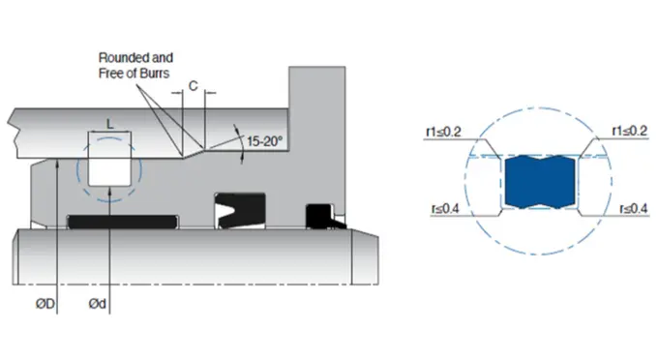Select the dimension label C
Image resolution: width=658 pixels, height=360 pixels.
coord(193,86)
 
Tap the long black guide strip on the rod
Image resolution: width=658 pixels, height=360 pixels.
coord(126,224)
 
